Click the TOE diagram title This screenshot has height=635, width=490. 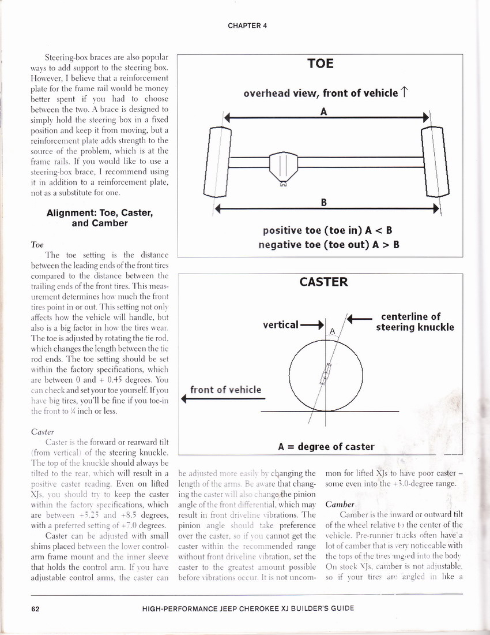(321, 63)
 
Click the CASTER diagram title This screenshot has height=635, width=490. (323, 282)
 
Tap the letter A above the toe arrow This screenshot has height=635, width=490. (324, 112)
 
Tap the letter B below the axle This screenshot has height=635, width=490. (324, 203)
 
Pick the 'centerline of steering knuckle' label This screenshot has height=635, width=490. (415, 322)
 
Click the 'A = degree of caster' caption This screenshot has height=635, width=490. (326, 446)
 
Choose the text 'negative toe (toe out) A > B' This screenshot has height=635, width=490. (329, 244)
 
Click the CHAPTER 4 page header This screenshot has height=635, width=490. (247, 26)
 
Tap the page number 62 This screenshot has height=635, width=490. (35, 608)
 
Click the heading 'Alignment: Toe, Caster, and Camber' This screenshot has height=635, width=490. (99, 218)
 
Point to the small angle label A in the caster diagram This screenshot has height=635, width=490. (332, 331)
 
